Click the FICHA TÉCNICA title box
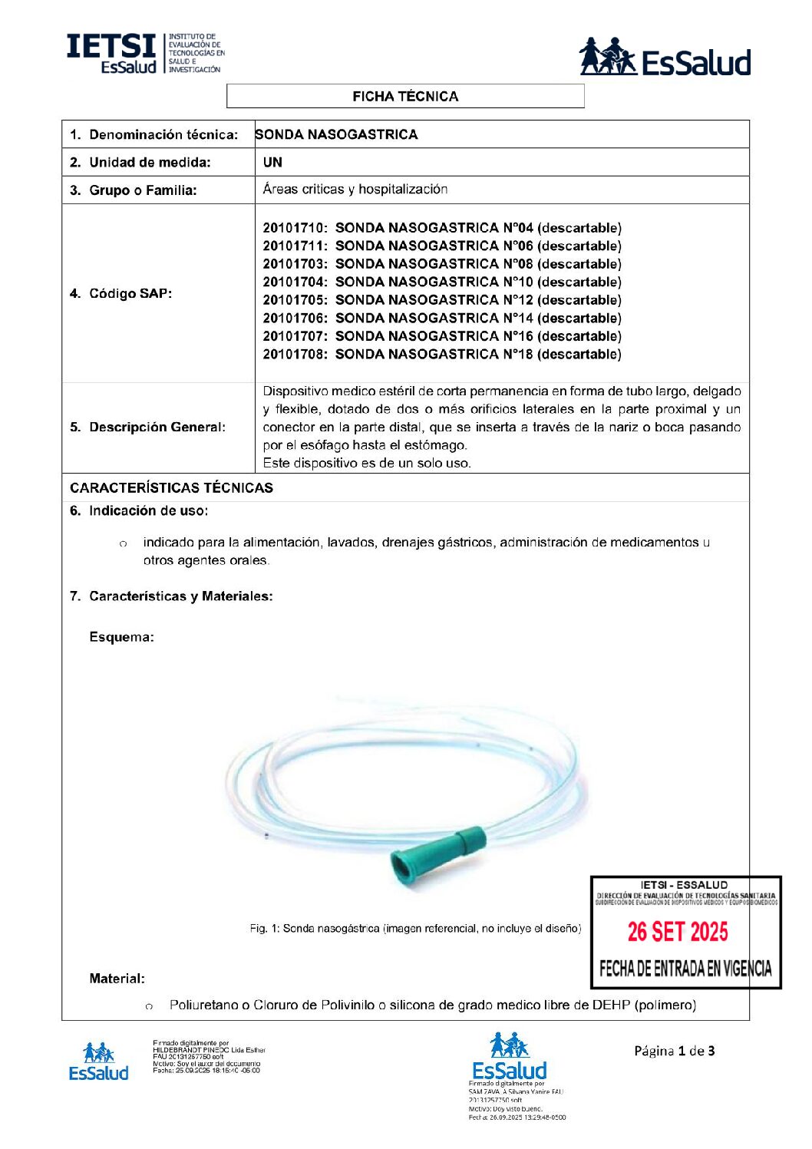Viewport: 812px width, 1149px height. (x=405, y=97)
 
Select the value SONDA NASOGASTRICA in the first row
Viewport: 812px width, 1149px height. (x=337, y=135)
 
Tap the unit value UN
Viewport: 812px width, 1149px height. (x=272, y=163)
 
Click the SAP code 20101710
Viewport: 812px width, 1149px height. (x=295, y=228)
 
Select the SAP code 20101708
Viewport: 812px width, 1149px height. (x=295, y=355)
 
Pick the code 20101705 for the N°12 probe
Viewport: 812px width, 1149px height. (x=295, y=300)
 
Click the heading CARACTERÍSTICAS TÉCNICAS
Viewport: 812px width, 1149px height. (x=171, y=488)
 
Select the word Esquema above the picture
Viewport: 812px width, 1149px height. (x=121, y=637)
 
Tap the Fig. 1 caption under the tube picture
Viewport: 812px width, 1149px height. (x=415, y=929)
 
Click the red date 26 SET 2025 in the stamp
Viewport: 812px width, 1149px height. (x=678, y=932)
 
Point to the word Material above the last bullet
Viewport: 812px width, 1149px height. (x=117, y=979)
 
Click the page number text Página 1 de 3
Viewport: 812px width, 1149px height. (x=674, y=1051)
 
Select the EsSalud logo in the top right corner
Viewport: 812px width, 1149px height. (x=665, y=58)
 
